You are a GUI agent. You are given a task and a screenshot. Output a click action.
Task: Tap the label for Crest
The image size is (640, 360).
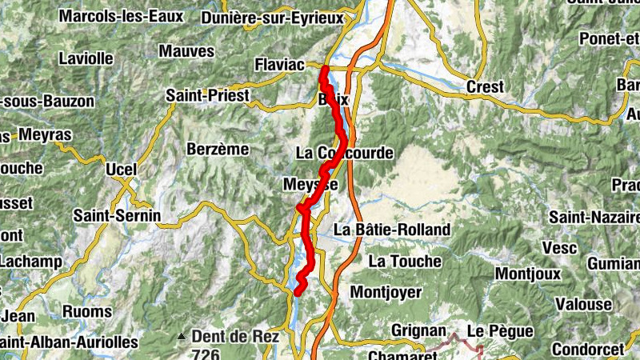coord(486,86)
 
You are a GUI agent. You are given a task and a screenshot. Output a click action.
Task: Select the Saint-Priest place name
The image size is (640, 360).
coord(203,95)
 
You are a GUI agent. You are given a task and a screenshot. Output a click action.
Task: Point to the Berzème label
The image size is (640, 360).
coord(218,149)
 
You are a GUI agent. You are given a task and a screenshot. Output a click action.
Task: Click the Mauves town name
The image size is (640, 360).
coord(186,51)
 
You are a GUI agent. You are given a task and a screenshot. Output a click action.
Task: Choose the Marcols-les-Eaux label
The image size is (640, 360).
coord(121,16)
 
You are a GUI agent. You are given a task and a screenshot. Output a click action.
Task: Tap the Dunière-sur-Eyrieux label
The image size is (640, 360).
coord(273,18)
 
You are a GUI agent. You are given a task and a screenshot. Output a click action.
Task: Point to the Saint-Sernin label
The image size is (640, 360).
coord(117,215)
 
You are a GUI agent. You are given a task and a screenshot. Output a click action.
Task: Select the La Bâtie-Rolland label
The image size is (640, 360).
coord(392,230)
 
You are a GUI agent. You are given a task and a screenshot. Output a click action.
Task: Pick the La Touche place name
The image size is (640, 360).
coord(405,261)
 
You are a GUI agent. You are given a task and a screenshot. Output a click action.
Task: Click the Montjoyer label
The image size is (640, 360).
coord(386,292)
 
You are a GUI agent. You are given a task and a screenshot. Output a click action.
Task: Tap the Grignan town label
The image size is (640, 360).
coord(418,330)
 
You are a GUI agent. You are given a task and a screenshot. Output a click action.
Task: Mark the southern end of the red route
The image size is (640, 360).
coord(297,292)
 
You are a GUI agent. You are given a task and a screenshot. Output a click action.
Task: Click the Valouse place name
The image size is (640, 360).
coord(584,304)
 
